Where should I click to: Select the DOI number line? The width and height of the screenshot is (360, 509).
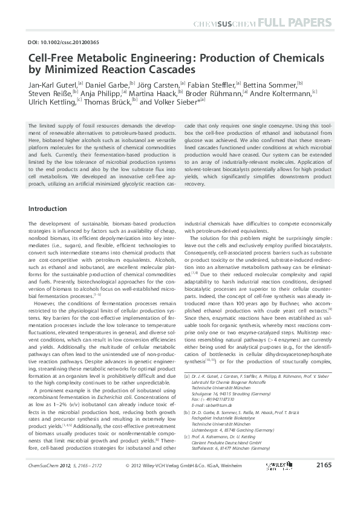coord(56,42)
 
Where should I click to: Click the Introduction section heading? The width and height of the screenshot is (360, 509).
coord(48,209)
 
